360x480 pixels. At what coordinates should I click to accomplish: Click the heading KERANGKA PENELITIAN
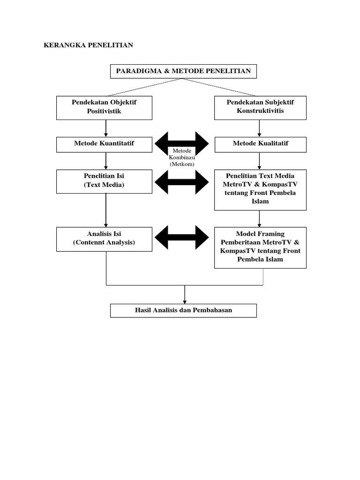(88, 45)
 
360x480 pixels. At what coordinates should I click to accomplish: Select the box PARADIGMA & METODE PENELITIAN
(183, 71)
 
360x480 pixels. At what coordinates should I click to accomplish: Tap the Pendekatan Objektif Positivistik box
(104, 107)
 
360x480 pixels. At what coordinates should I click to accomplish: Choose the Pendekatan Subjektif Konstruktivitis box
(260, 107)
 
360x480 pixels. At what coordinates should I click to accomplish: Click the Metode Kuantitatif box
(104, 144)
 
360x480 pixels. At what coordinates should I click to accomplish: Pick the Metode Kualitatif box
(260, 144)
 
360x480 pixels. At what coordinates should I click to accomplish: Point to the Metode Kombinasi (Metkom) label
(182, 157)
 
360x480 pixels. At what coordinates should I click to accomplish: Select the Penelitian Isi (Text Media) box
(104, 181)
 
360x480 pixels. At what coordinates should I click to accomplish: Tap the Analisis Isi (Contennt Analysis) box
(104, 239)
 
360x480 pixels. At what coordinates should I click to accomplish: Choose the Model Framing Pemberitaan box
(260, 247)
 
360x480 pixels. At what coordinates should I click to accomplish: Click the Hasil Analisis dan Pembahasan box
(183, 310)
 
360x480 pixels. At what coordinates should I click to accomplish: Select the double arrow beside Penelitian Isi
(182, 182)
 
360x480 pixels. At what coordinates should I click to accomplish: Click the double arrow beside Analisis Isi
(182, 237)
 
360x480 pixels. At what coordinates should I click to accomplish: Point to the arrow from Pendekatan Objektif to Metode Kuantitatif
(106, 128)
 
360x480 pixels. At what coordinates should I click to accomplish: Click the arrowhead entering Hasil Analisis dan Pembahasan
(185, 301)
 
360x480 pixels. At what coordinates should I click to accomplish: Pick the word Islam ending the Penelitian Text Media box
(260, 202)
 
